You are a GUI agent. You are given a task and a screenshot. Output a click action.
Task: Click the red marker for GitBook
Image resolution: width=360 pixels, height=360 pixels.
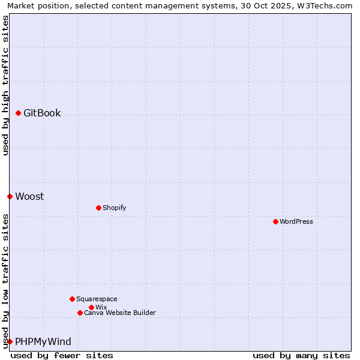tap(19, 113)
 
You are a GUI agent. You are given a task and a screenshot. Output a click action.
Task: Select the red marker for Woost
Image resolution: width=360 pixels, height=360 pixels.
tap(10, 196)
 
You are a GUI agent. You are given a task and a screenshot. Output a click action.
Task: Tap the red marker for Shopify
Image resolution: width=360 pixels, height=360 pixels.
tap(98, 208)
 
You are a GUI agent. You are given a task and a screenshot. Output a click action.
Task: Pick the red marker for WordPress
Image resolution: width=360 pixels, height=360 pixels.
tap(275, 221)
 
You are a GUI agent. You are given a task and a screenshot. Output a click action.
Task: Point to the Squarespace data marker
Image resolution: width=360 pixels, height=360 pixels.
tap(72, 299)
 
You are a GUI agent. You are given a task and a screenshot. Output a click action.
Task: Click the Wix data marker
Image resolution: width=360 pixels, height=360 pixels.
tap(91, 307)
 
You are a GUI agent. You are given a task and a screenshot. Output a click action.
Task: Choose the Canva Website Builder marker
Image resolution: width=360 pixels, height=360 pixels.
tap(80, 313)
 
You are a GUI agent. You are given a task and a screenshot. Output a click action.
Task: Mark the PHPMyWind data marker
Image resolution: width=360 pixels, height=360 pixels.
tap(10, 341)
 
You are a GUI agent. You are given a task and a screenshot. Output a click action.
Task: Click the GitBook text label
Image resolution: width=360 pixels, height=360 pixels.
tap(42, 113)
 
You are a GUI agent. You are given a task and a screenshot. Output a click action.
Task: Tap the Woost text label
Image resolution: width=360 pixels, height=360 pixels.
tap(29, 196)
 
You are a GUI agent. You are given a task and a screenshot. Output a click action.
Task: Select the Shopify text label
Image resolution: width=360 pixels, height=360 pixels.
tap(114, 208)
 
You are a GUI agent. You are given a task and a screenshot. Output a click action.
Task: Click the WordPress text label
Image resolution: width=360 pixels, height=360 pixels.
tap(296, 221)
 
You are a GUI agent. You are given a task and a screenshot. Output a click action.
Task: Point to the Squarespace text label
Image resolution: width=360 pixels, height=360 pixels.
tap(97, 299)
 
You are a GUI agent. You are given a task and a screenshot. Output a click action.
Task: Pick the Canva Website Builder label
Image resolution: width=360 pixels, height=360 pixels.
tap(120, 313)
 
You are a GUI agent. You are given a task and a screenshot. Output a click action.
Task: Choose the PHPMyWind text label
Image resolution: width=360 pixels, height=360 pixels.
tap(43, 341)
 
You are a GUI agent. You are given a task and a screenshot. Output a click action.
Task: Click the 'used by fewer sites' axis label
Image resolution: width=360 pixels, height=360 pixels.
tap(62, 355)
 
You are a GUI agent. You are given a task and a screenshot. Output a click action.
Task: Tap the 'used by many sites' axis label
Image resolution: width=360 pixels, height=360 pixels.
tap(301, 355)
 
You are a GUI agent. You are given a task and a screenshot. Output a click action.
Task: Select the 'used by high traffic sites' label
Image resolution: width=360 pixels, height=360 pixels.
tap(5, 85)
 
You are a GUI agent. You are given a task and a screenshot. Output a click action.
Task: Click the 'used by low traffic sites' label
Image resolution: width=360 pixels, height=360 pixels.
tap(5, 281)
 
